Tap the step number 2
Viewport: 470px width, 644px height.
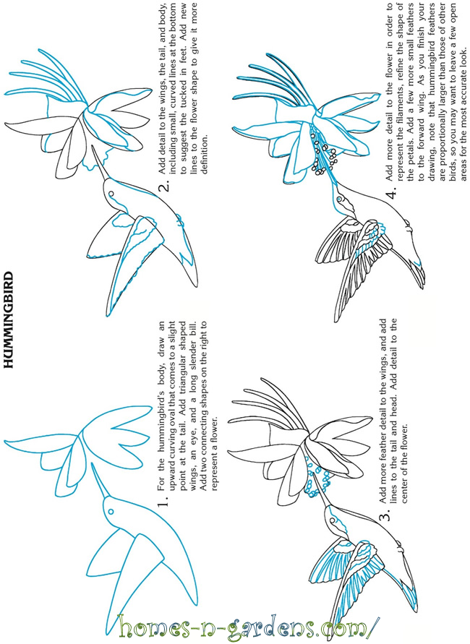163,187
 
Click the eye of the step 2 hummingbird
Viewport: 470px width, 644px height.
111,193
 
